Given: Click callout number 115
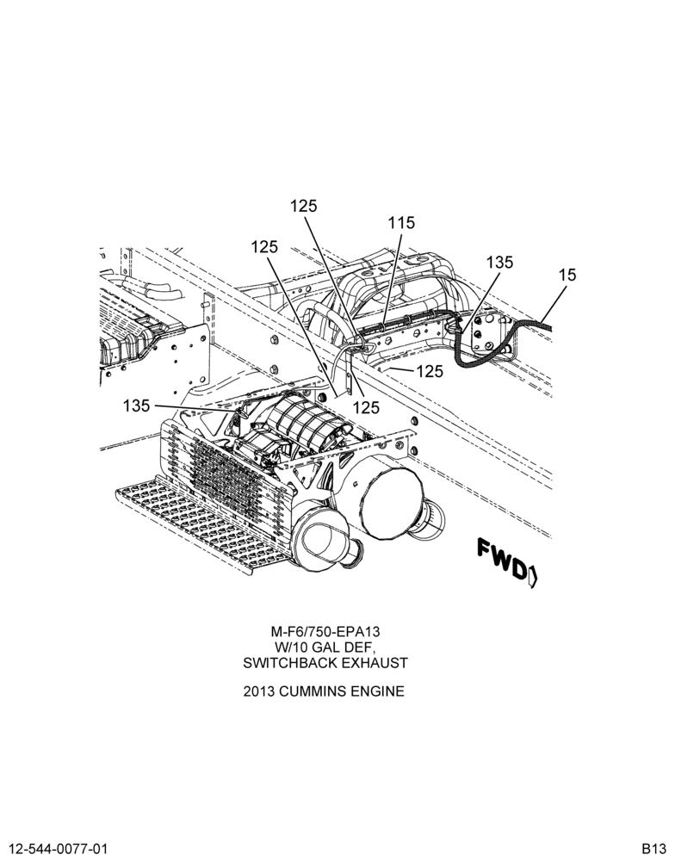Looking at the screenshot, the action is click(401, 224).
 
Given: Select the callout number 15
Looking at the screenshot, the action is click(567, 275).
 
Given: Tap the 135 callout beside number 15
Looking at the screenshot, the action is click(499, 263).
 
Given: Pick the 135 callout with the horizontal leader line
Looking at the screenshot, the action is click(136, 406).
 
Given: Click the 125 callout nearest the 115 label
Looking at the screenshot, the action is click(304, 206).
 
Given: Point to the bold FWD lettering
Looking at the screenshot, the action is click(501, 559).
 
